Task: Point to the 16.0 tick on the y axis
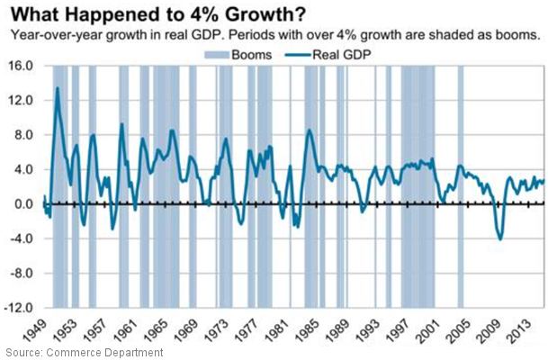click(22, 67)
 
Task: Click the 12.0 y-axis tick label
click(22, 101)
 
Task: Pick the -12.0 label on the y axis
click(20, 308)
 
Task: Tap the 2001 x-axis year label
click(430, 327)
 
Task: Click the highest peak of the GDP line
click(58, 88)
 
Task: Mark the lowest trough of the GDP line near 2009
click(500, 239)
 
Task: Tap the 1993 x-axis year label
click(369, 327)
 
